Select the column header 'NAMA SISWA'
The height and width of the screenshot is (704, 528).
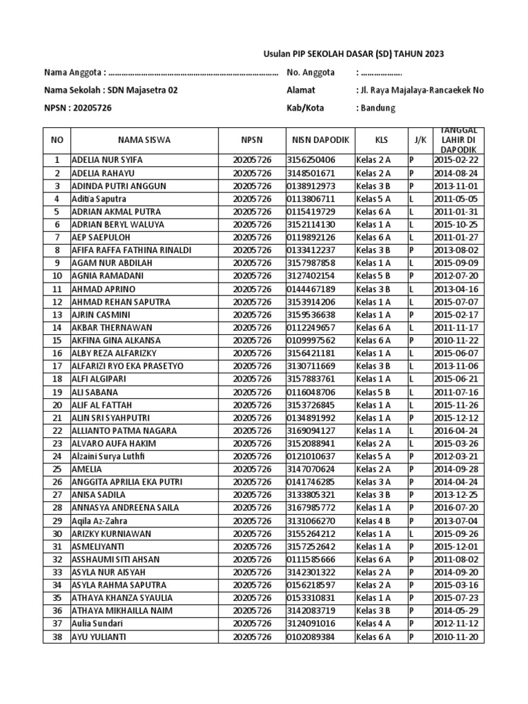144,140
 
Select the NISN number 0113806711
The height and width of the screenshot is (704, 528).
311,199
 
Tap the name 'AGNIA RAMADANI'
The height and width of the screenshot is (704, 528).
103,276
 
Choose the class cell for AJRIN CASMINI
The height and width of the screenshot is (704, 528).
374,315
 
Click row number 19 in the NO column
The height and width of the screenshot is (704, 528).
57,392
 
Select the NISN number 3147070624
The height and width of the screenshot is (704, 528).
311,469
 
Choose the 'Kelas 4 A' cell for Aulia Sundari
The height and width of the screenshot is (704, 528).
374,624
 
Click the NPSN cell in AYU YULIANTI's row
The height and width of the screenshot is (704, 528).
252,637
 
